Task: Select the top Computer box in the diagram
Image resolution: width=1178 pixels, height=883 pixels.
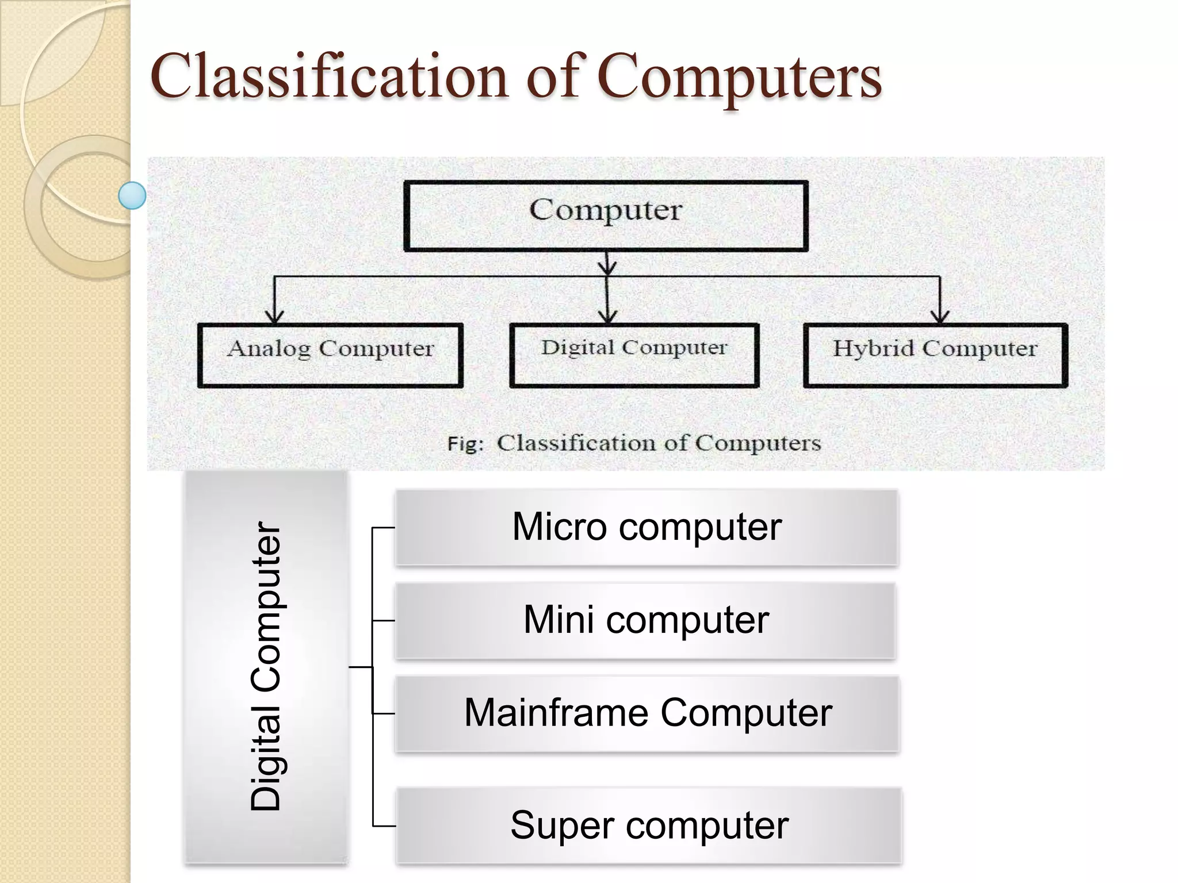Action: (606, 216)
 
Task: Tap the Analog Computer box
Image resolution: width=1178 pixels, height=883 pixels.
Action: (330, 356)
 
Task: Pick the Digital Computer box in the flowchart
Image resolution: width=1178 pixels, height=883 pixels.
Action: (634, 356)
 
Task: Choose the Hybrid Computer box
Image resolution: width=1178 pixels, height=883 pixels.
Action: (935, 356)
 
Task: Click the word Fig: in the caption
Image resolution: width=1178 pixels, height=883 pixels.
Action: (465, 444)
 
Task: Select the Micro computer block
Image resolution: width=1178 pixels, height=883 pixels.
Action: (647, 527)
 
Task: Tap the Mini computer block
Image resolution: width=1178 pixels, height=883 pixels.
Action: (645, 621)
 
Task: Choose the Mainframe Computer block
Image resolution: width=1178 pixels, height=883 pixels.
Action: (647, 713)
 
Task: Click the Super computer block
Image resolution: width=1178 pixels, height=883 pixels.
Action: (649, 826)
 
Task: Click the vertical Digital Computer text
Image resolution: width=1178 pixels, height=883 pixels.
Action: (266, 667)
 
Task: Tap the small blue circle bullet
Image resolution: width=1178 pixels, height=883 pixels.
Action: (132, 195)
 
